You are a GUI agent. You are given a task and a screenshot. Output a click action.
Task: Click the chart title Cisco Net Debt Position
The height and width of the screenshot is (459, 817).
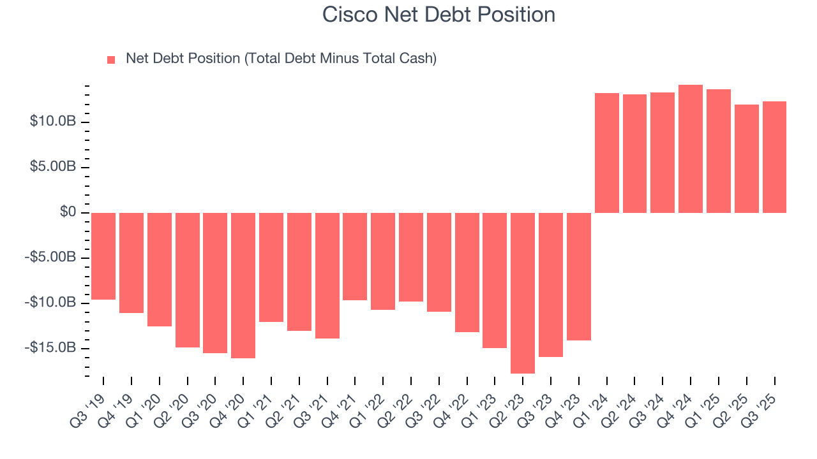(x=438, y=15)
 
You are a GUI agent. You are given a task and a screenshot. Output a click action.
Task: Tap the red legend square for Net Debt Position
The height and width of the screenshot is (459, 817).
(x=111, y=59)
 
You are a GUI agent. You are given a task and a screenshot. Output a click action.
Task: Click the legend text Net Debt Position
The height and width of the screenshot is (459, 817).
(x=281, y=59)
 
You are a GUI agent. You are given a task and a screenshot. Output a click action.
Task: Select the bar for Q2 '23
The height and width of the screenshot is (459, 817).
(x=523, y=293)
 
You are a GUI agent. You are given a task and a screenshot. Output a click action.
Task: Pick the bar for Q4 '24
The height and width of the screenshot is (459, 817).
(x=691, y=149)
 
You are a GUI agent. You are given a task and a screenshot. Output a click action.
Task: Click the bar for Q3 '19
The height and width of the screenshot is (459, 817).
(x=103, y=256)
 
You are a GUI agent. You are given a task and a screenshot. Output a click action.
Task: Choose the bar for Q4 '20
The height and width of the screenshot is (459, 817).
(x=243, y=285)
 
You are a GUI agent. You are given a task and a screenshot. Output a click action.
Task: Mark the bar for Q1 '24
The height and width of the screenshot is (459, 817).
(x=606, y=153)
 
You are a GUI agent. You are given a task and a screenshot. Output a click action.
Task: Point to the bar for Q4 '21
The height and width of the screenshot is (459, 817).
(x=355, y=256)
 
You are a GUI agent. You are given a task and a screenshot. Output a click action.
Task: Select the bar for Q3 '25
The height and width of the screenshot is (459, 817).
(x=774, y=157)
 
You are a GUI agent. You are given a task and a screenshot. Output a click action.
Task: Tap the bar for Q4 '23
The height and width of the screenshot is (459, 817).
(x=578, y=276)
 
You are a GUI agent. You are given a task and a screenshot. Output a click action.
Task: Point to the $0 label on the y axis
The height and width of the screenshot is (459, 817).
(x=68, y=212)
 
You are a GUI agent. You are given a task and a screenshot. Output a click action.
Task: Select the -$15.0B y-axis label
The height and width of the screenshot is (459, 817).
(x=51, y=347)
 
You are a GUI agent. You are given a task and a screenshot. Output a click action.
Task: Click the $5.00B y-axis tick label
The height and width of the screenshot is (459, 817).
(x=53, y=166)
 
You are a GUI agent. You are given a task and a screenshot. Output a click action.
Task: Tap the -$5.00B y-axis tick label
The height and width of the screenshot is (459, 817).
(x=51, y=257)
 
